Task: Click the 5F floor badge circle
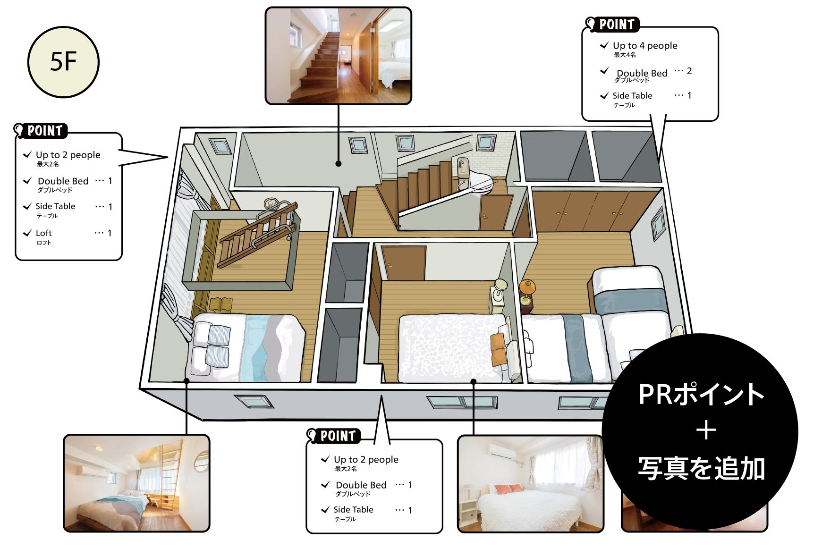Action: tap(63, 62)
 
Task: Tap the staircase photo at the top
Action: tap(338, 56)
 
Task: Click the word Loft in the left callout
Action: tap(43, 233)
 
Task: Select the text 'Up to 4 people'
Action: tap(645, 46)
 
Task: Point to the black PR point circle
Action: tap(700, 431)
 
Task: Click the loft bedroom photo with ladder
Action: tap(136, 483)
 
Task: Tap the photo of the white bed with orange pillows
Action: tap(531, 484)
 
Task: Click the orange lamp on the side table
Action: tap(527, 287)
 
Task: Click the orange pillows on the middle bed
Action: tap(499, 349)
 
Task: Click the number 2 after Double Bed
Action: tap(689, 71)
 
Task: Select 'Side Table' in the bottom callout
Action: tap(353, 510)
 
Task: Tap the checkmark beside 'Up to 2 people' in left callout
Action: tap(27, 154)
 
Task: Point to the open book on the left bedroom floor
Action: tap(220, 304)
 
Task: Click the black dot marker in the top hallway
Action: tap(339, 164)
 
